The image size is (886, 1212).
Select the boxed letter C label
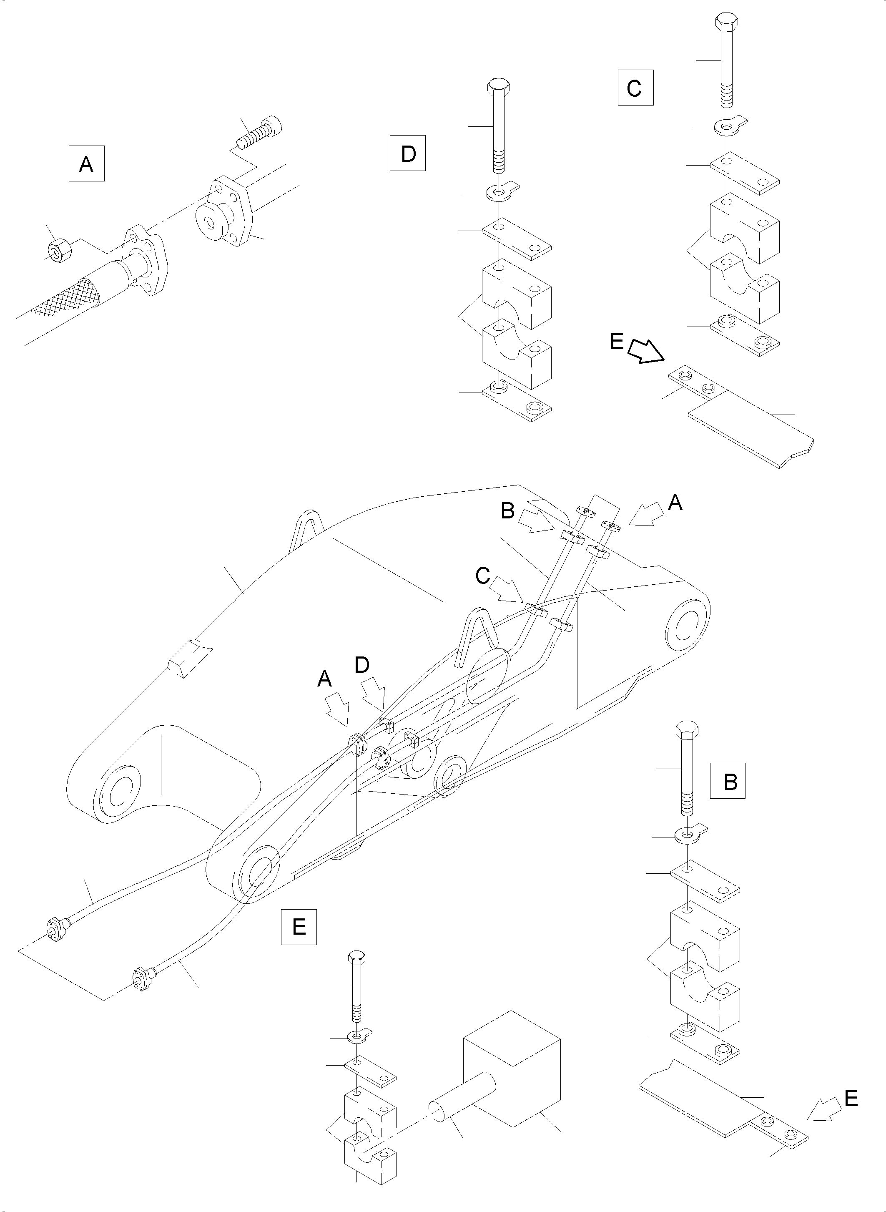point(635,88)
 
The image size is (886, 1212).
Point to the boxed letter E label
point(299,927)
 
